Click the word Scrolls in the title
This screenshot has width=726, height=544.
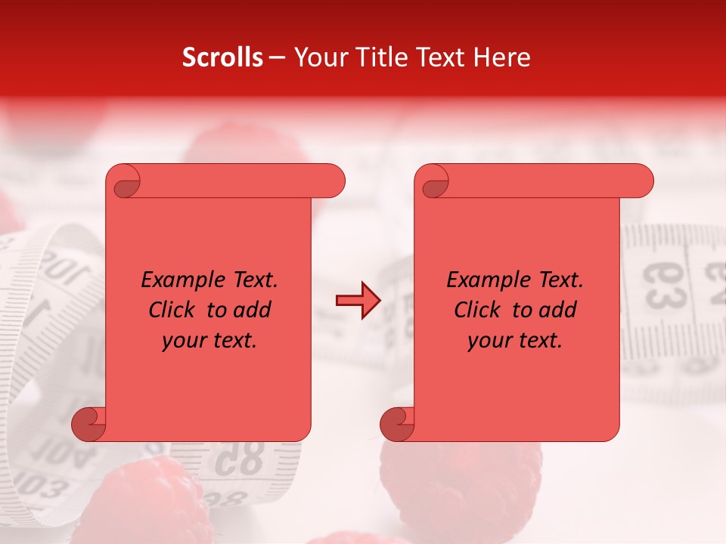click(223, 57)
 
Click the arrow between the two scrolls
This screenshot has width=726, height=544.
click(358, 301)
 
